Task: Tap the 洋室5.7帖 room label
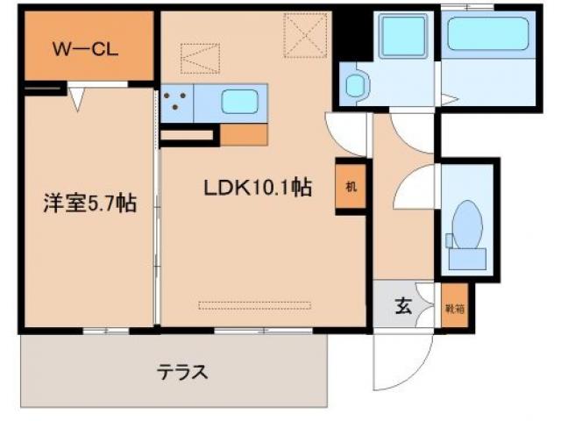coord(90,204)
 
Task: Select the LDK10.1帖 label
coord(258,187)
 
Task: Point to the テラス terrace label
coord(182,371)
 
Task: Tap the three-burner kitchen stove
coord(177,103)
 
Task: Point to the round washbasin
coord(355,86)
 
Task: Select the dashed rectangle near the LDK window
coord(254,305)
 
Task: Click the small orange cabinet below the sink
coord(244,135)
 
